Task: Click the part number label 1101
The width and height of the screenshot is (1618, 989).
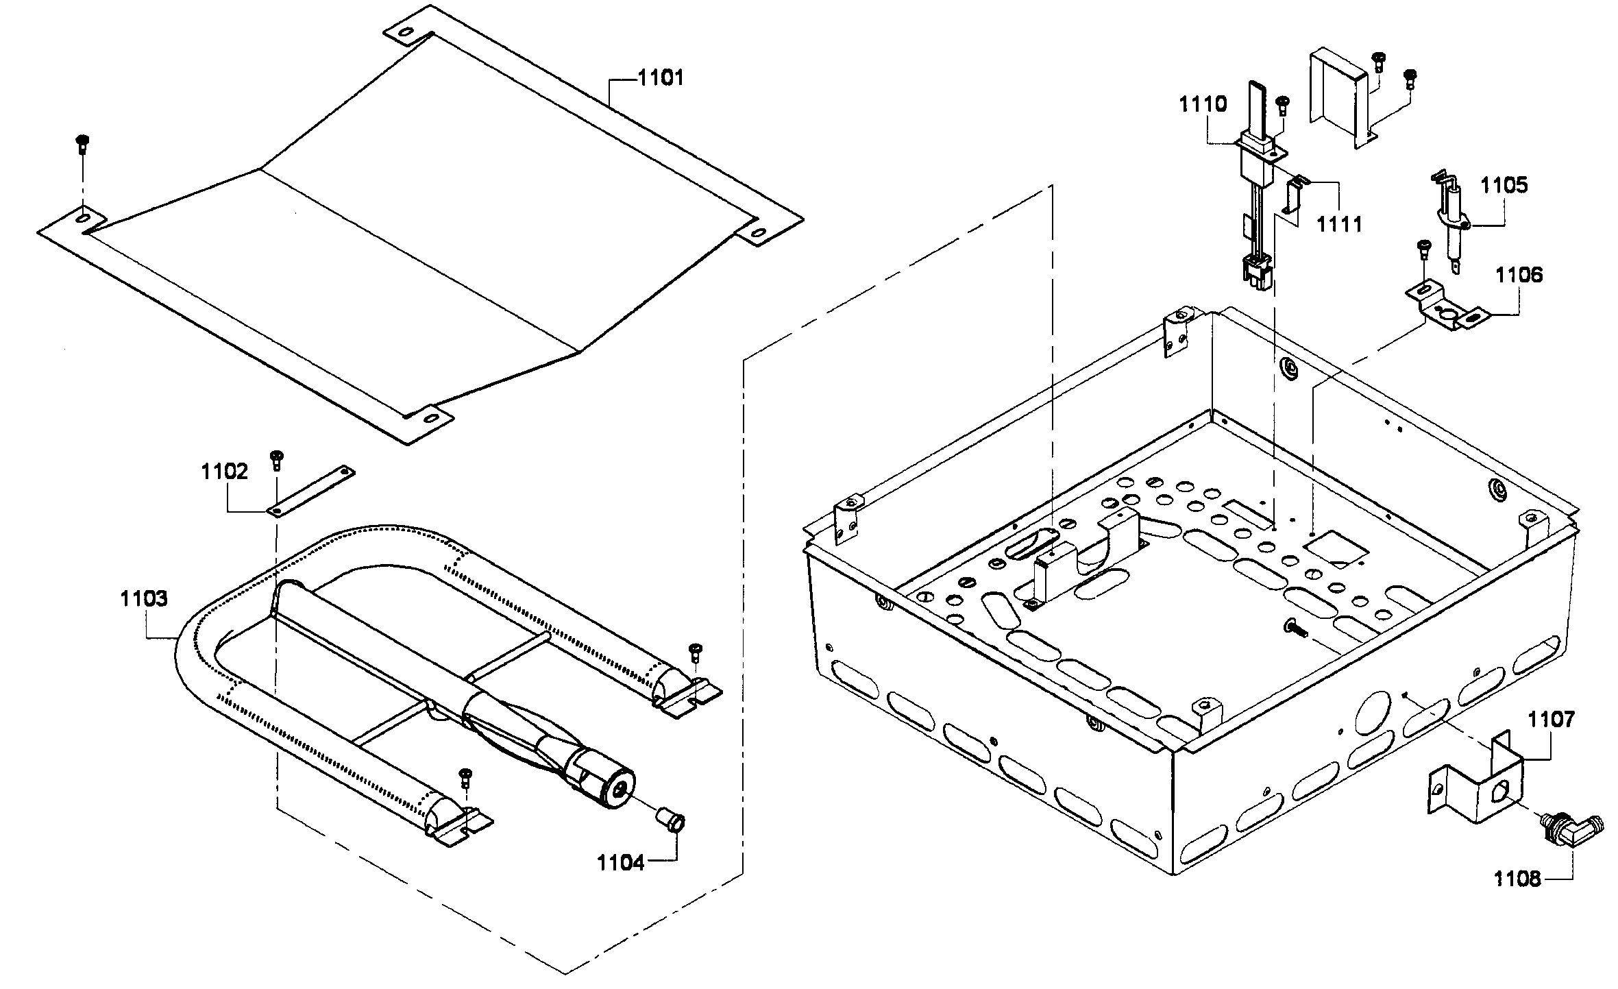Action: (x=661, y=77)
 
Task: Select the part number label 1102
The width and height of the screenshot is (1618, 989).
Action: (x=224, y=472)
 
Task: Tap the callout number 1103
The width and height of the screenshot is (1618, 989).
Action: (x=144, y=598)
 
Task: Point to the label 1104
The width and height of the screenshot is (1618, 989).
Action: (x=621, y=862)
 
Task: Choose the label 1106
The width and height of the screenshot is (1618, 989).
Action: (x=1519, y=276)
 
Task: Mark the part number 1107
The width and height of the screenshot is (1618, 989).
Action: (x=1552, y=720)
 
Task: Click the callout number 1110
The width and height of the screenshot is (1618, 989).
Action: (x=1203, y=105)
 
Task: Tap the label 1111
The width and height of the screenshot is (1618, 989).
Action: (x=1340, y=223)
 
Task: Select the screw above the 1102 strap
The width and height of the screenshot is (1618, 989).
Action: (x=277, y=459)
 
